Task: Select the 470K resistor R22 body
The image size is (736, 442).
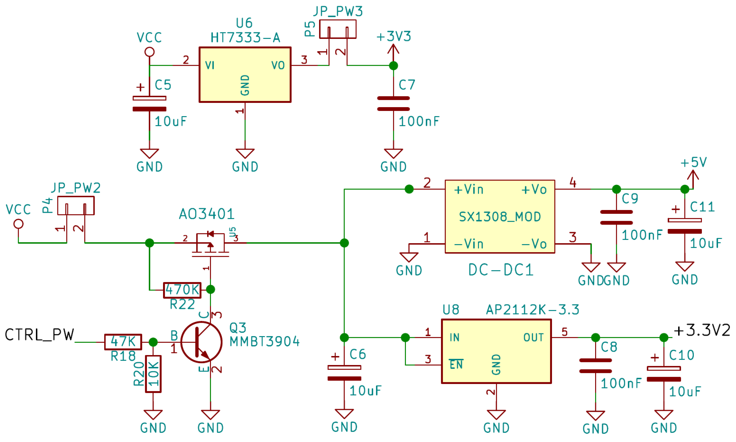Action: pos(182,290)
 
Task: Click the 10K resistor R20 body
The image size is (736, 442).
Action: pos(153,374)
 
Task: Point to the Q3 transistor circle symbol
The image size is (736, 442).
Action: pos(201,342)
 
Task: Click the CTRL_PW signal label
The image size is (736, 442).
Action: pos(39,335)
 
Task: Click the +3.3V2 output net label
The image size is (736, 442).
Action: pos(702,331)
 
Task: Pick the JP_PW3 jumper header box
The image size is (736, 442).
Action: pos(337,29)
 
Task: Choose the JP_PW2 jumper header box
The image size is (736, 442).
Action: pos(76,206)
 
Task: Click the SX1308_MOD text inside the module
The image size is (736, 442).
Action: pos(500,217)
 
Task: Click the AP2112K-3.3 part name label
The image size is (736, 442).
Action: pos(532,310)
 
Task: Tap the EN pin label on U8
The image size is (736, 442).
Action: pos(456,365)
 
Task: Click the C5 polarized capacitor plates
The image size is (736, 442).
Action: pos(149,104)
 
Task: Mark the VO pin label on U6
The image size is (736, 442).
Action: pos(278,66)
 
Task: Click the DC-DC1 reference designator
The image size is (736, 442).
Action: pos(500,270)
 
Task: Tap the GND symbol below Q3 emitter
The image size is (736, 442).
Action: pos(210,415)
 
